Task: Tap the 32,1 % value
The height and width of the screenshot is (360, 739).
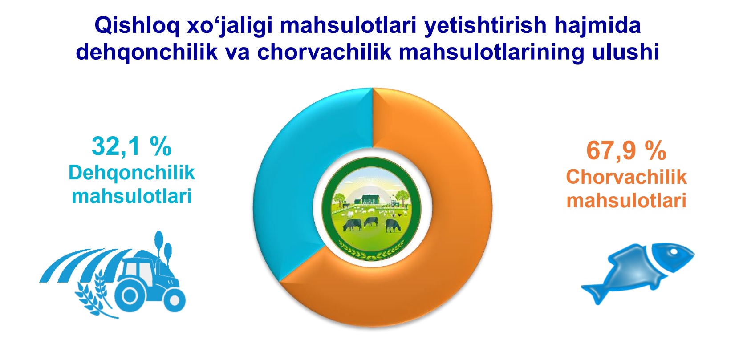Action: [x=132, y=146]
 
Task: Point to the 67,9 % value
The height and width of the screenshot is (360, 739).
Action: [x=626, y=151]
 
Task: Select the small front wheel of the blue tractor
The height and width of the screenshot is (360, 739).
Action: [x=175, y=300]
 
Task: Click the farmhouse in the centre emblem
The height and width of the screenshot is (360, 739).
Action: [x=371, y=199]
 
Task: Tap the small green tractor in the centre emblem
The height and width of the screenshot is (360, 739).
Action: [x=394, y=203]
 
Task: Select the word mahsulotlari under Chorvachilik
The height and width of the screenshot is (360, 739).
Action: [x=626, y=201]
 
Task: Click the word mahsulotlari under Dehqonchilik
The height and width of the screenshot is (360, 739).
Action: [x=132, y=197]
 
